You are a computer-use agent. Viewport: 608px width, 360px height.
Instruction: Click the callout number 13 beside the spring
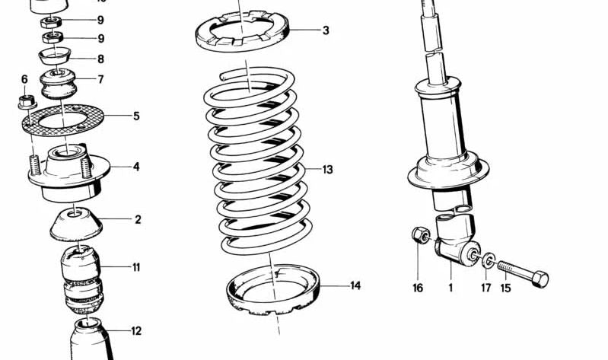point(327,170)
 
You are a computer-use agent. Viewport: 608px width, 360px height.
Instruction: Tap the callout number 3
point(326,31)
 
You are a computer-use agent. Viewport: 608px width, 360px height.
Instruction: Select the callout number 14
point(355,286)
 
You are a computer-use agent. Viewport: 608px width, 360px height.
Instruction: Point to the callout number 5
point(136,116)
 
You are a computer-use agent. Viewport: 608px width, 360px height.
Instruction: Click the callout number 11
point(135,267)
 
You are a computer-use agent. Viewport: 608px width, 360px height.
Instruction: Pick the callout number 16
point(418,288)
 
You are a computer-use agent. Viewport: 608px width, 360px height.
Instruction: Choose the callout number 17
point(485,288)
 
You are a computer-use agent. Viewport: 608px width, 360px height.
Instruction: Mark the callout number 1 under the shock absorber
point(450,288)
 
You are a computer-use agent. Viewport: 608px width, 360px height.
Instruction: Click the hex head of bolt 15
point(540,279)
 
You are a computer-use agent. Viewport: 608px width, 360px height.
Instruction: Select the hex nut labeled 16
point(419,235)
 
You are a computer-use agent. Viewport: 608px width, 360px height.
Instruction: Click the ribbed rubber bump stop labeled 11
point(81,278)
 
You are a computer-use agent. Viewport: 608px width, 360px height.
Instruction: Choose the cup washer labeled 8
point(53,56)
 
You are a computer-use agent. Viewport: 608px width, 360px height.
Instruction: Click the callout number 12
point(135,331)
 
